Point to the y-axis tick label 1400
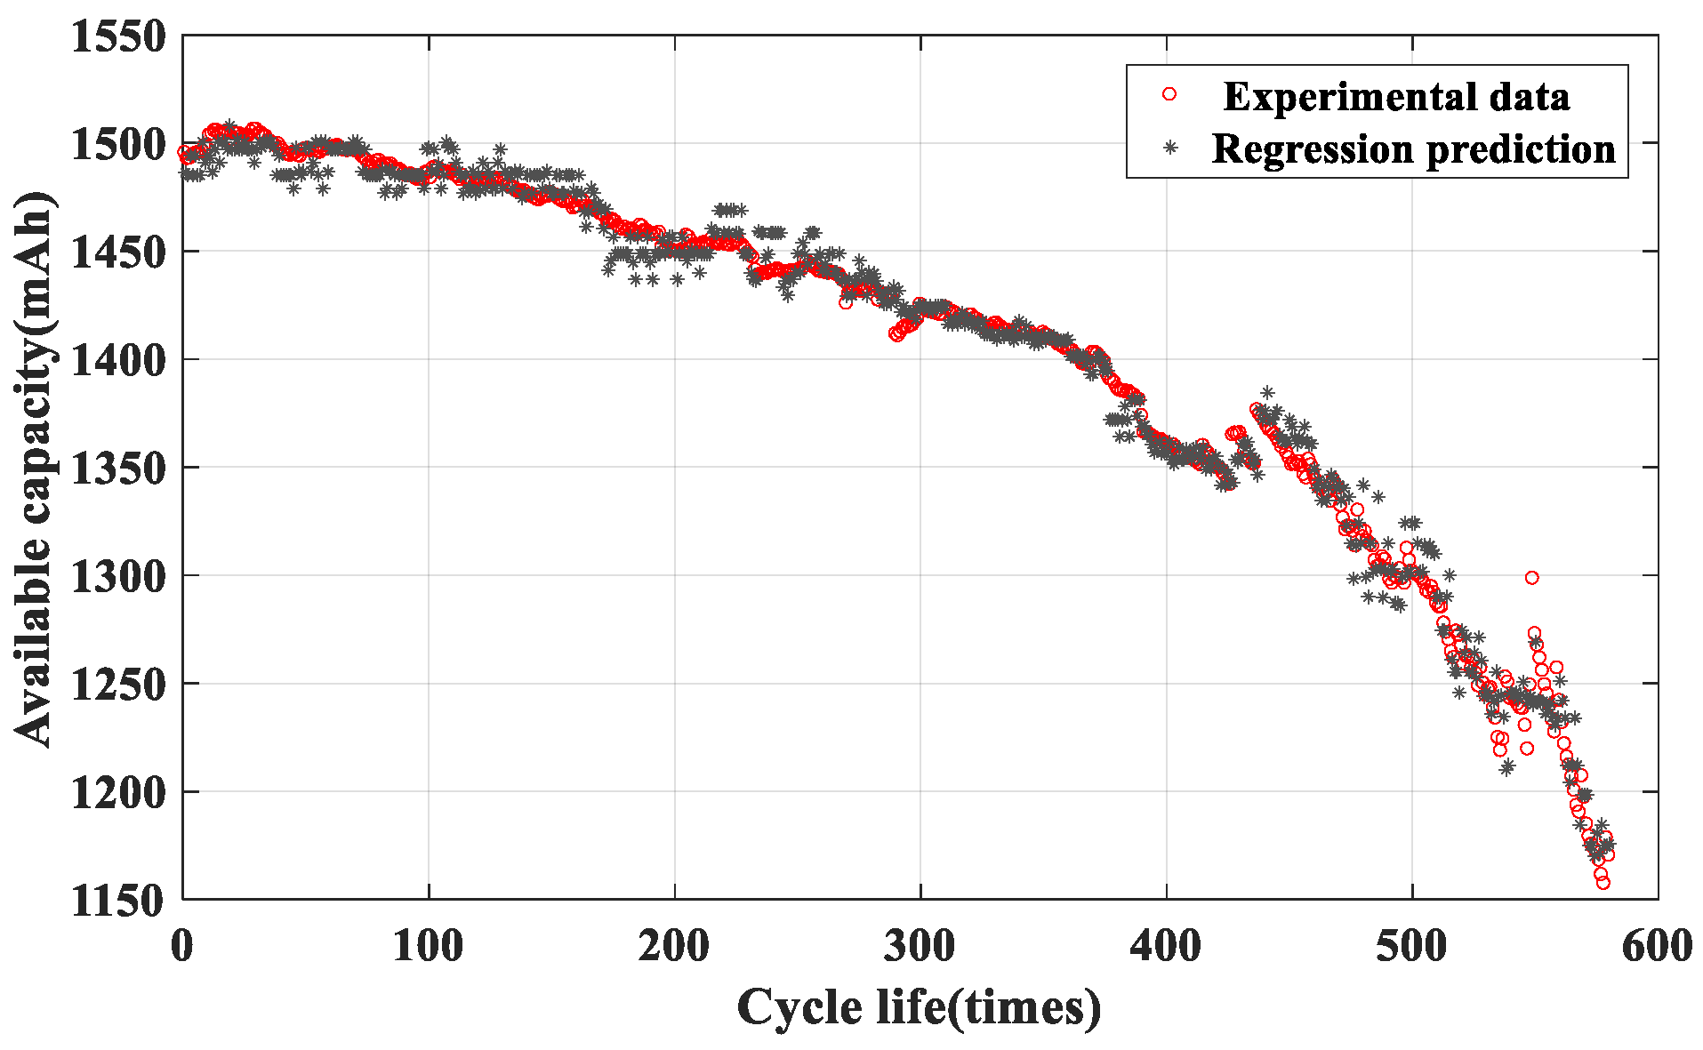[118, 360]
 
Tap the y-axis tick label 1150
[118, 901]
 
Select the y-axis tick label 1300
[118, 576]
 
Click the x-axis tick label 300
[920, 946]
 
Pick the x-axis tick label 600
[1656, 946]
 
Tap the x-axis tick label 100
[428, 946]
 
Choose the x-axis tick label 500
[1411, 946]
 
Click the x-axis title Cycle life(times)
[919, 1008]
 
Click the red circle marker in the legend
[1169, 94]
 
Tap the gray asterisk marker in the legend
[1170, 148]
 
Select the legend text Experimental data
[1396, 96]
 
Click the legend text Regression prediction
[1413, 148]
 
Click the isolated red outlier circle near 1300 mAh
[1531, 578]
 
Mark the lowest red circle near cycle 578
[1603, 883]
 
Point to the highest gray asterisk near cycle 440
[1267, 393]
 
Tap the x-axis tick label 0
[182, 946]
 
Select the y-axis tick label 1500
[118, 144]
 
